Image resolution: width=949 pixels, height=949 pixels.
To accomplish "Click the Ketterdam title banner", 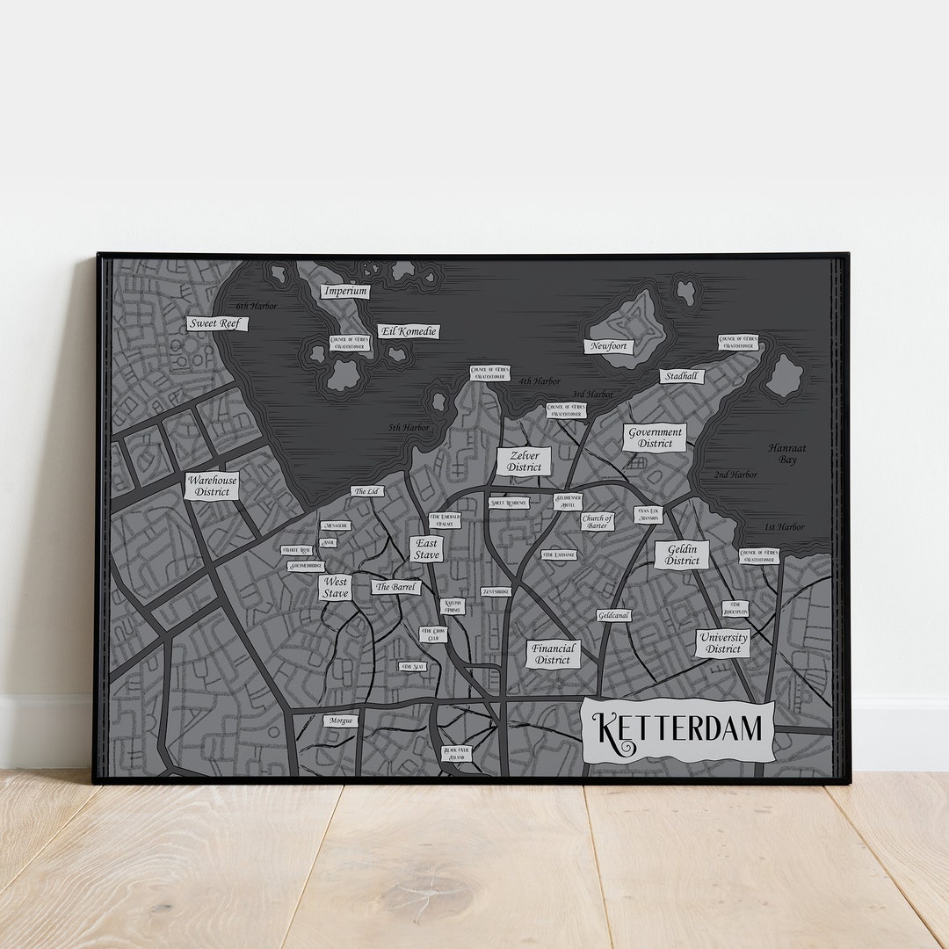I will pos(678,731).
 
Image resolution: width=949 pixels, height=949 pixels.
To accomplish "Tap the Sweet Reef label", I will pos(217,323).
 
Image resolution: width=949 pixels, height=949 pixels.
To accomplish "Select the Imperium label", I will pos(344,291).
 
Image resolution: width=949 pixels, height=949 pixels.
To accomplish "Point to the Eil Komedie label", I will pos(409,331).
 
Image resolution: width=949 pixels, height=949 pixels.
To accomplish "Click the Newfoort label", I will pos(608,346).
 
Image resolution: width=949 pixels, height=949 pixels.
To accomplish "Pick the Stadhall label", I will pos(682,376).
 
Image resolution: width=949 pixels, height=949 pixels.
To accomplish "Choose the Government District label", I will pos(655,438).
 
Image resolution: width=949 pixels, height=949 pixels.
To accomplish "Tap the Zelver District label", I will pos(524,461).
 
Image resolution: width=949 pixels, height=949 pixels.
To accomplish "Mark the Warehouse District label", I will pos(212,486).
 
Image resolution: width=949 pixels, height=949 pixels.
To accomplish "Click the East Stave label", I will pos(427,549).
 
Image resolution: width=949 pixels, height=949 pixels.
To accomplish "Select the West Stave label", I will pos(335,588).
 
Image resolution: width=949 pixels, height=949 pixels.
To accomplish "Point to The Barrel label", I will pos(395,587).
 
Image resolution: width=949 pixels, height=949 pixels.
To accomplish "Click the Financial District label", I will pos(554,654).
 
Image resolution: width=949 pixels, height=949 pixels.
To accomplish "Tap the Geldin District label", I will pos(682,555).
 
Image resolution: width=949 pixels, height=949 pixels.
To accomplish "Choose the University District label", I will pos(723,643).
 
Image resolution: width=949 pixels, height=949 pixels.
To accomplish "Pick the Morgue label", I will pos(341,721).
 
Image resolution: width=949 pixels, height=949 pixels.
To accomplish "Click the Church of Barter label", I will pos(598,522).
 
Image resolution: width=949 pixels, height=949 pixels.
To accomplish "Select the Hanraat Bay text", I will pos(786,453).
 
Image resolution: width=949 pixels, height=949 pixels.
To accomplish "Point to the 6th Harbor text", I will pos(256,306).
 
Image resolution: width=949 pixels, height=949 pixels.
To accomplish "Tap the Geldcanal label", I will pos(613,616).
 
